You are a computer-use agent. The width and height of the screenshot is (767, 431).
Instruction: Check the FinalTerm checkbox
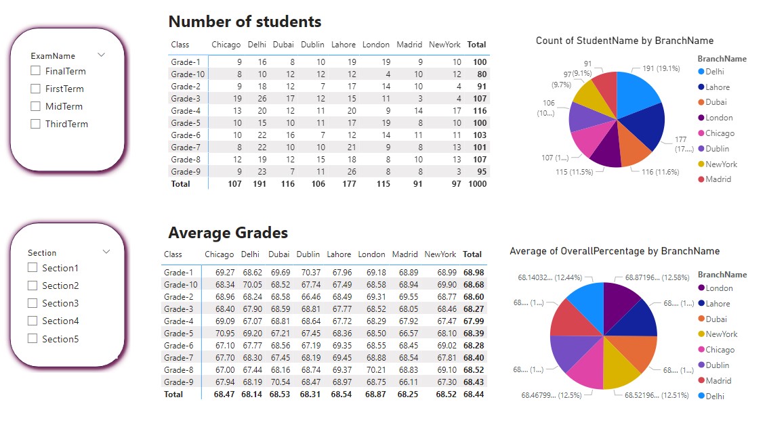click(35, 71)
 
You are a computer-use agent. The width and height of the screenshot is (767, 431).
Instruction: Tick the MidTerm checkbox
click(35, 106)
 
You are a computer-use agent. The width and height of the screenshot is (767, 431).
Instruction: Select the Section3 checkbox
click(32, 303)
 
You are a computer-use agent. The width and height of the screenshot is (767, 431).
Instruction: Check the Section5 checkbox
click(32, 338)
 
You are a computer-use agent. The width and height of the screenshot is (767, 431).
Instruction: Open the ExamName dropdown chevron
click(102, 55)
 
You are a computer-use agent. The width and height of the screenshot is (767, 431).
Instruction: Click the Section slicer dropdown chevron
click(106, 252)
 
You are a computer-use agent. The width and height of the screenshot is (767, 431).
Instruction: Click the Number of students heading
click(245, 22)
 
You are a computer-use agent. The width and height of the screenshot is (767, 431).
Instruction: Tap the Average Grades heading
click(228, 233)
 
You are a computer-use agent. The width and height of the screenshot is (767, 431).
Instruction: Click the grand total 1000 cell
click(477, 183)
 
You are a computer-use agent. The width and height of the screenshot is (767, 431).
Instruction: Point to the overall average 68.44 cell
click(473, 394)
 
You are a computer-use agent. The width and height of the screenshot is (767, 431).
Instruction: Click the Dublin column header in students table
click(312, 45)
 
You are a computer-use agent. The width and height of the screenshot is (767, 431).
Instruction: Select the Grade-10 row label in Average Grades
click(180, 284)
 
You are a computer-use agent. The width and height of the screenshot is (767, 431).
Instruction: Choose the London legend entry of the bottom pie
click(719, 288)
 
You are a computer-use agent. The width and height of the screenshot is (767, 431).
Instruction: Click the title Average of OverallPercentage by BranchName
click(614, 251)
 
